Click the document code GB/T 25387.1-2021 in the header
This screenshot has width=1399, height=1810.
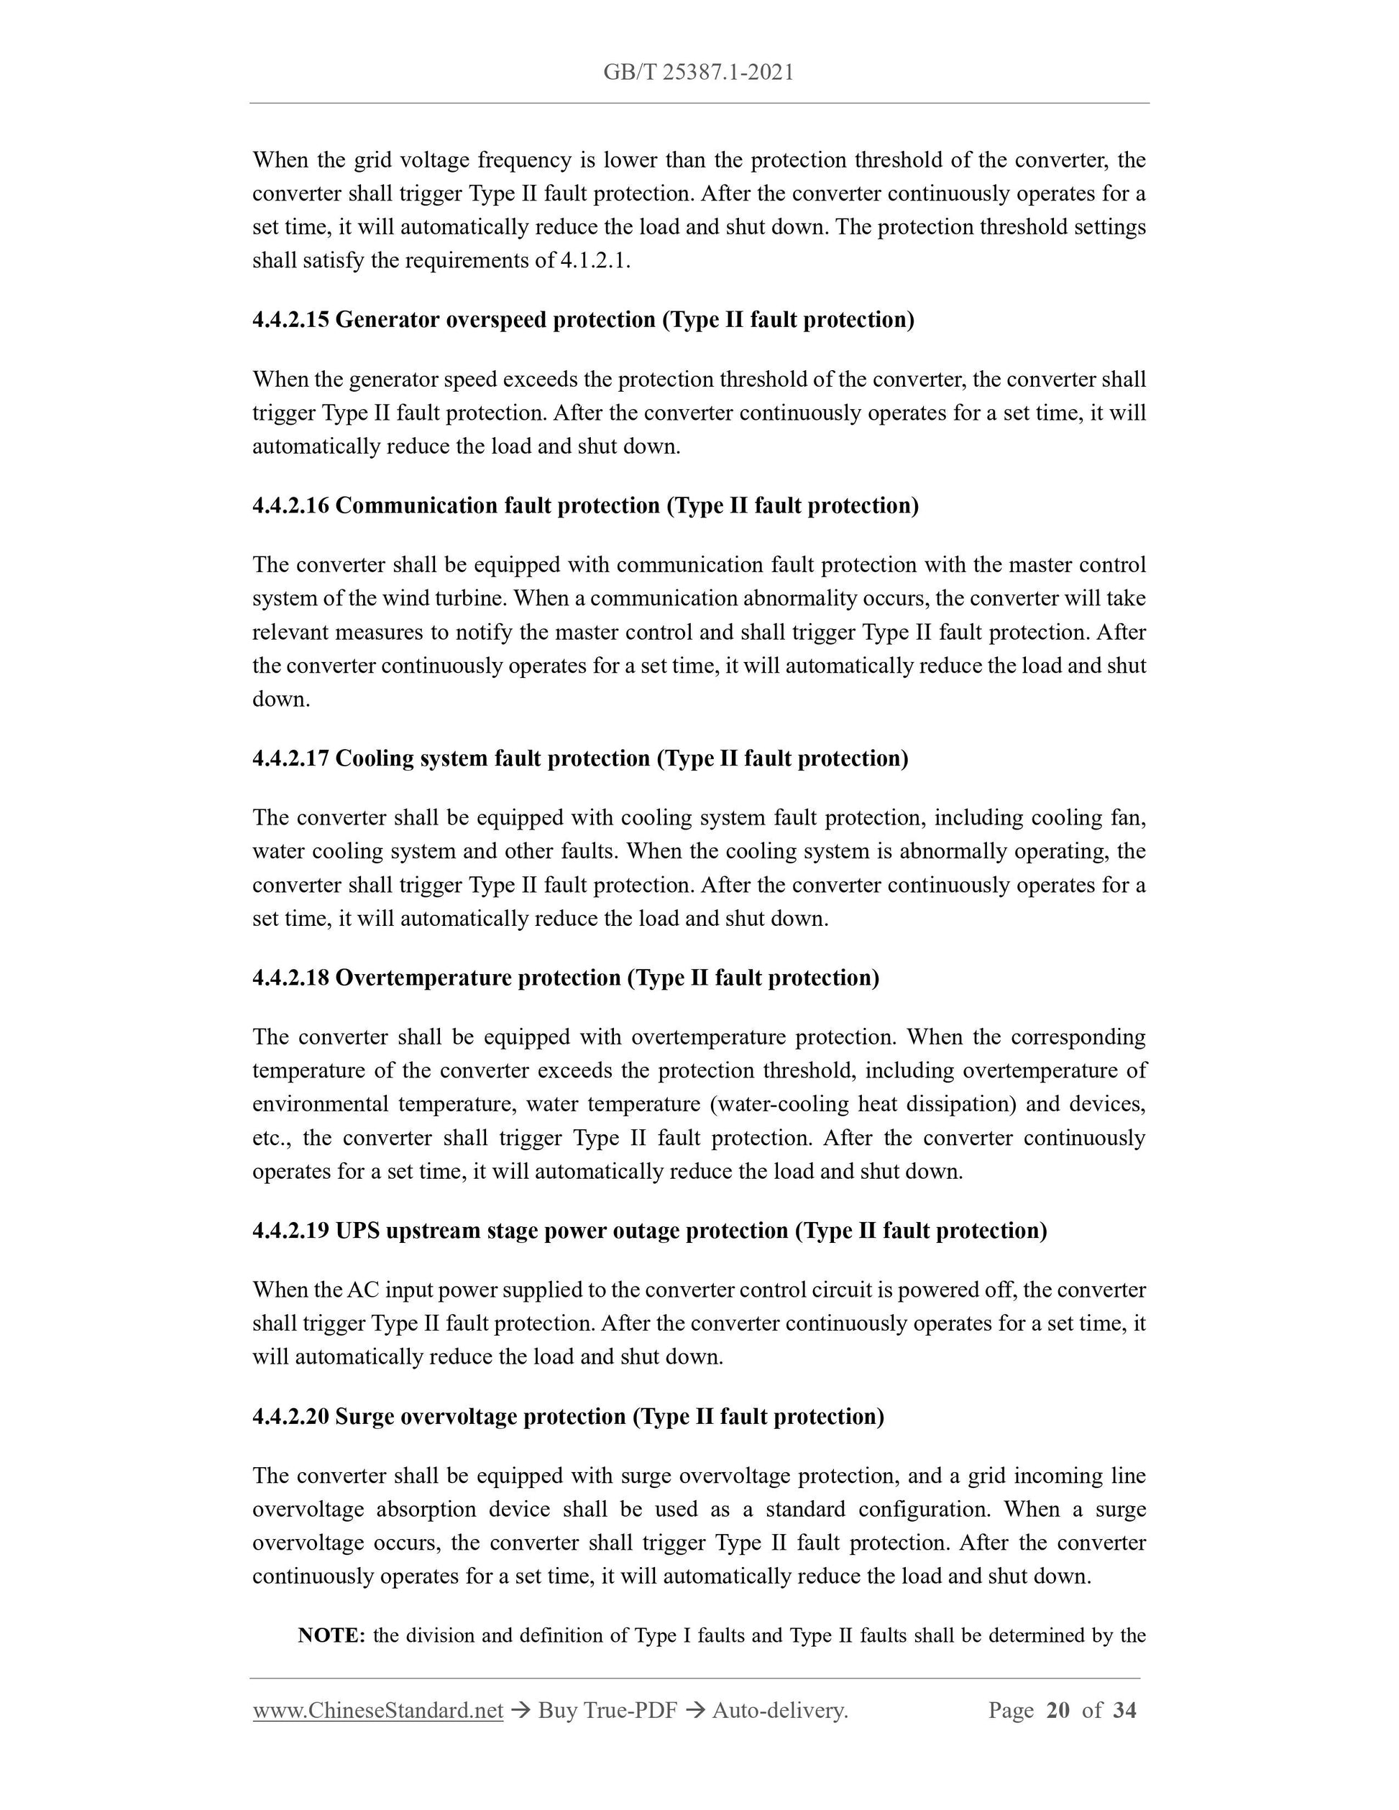coord(698,73)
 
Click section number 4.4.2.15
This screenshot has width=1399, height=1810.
coord(291,320)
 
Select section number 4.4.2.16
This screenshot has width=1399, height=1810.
coord(291,505)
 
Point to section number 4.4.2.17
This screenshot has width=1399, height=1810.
coord(291,758)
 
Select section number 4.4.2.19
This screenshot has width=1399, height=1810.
coord(291,1231)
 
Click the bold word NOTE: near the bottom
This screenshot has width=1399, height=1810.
coord(331,1635)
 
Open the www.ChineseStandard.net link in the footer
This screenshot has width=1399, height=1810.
coord(378,1711)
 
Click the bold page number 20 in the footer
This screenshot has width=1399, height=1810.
coord(1058,1711)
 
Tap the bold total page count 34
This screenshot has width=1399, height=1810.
coord(1124,1711)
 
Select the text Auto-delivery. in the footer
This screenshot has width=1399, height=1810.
coord(780,1711)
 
